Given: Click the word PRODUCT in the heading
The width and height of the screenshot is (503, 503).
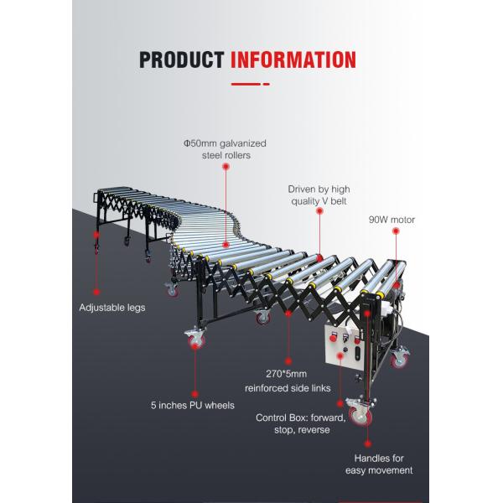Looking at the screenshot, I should click(x=180, y=60).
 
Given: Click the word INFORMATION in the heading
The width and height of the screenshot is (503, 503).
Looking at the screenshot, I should click(x=293, y=60).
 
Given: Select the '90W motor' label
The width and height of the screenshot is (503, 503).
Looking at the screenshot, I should click(x=392, y=220).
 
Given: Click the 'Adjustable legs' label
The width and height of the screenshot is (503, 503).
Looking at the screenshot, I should click(x=113, y=308).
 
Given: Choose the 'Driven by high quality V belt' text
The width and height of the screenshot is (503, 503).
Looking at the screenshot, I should click(x=319, y=194).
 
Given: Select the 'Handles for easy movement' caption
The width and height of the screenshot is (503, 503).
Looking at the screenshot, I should click(x=379, y=464).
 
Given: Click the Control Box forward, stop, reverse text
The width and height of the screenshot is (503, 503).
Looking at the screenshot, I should click(x=293, y=423).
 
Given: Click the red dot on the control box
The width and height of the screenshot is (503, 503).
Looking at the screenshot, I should click(x=340, y=355).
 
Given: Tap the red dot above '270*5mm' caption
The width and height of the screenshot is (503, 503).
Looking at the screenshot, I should click(x=289, y=313).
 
